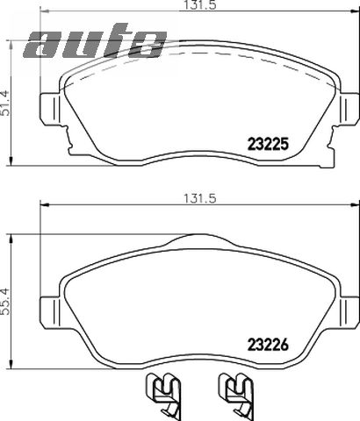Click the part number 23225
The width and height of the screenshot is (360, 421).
tap(268, 144)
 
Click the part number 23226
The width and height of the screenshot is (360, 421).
tap(268, 345)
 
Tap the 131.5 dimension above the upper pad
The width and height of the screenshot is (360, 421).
tap(199, 5)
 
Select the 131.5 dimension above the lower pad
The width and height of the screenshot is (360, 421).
tap(199, 199)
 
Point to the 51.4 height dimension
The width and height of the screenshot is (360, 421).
tap(5, 103)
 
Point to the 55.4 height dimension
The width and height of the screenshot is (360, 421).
tap(5, 302)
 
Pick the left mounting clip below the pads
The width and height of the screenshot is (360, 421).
tap(162, 396)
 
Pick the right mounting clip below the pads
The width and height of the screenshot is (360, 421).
tap(236, 396)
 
